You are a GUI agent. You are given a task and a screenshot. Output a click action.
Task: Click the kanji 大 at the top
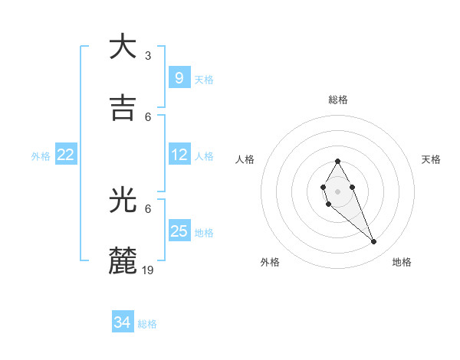click(123, 47)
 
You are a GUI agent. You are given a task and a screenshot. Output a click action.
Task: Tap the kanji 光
click(123, 201)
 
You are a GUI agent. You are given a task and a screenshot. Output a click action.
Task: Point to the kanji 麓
click(123, 261)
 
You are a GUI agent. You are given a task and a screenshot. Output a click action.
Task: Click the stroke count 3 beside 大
click(147, 56)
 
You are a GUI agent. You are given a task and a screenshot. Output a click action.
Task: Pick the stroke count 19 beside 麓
click(148, 270)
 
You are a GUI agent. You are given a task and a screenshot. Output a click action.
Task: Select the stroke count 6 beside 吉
click(148, 116)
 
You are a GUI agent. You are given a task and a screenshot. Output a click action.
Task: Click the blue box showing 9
click(179, 77)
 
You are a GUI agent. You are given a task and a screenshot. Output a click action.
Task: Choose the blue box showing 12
click(179, 155)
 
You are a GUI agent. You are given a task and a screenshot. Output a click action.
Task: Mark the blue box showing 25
click(179, 231)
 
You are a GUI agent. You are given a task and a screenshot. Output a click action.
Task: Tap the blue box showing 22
click(66, 155)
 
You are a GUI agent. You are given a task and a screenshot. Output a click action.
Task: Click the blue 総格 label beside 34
click(147, 324)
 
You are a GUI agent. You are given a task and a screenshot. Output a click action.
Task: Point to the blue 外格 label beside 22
click(41, 156)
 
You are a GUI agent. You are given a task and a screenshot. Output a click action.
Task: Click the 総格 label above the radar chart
click(337, 100)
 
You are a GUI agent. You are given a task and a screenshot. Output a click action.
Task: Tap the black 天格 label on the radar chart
click(432, 159)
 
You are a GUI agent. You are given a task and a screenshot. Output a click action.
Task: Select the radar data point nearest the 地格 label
click(373, 242)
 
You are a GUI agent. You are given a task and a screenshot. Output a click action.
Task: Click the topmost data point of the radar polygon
click(337, 161)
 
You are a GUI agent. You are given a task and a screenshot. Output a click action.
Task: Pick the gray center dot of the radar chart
click(337, 191)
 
